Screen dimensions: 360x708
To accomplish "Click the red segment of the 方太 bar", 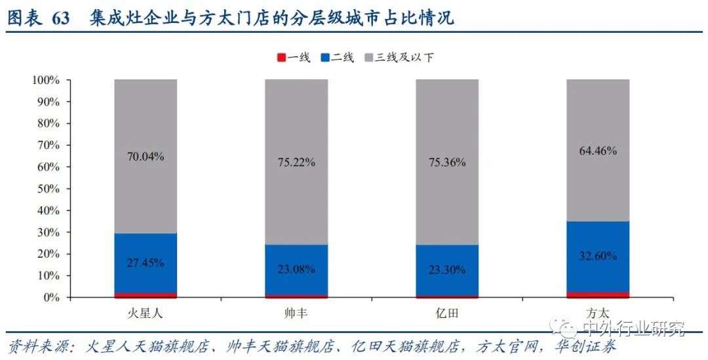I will point(598,294).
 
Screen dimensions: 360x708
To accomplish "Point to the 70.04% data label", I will point(146,157).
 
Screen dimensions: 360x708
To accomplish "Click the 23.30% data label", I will point(447,269).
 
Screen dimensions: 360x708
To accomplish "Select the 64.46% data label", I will point(598,150).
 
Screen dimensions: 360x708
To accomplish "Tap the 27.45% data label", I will point(146,262).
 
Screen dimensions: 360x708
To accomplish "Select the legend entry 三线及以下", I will point(403,58).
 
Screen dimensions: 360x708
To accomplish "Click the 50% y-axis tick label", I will point(49,189).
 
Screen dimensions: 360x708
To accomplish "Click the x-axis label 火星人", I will point(146,313).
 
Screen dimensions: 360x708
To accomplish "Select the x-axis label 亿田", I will point(447,313).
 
